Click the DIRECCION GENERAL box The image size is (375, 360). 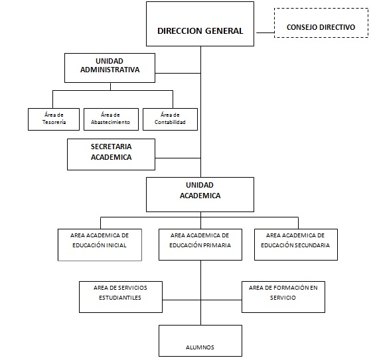(x=200, y=24)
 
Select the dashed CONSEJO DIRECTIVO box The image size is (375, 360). (x=321, y=23)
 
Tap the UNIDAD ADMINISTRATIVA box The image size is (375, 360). (x=110, y=68)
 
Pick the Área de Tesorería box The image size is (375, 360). (x=54, y=119)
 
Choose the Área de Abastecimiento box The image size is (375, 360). (x=112, y=119)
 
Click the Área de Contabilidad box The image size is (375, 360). (x=171, y=119)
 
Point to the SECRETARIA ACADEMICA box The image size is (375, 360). (x=112, y=154)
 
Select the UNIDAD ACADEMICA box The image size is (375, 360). (x=200, y=194)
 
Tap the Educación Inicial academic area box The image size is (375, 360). (x=100, y=245)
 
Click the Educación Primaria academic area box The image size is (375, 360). (x=200, y=245)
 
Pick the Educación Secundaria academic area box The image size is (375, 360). (x=296, y=245)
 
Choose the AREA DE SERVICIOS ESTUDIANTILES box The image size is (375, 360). (x=121, y=297)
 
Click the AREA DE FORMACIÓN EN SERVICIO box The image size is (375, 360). (x=283, y=297)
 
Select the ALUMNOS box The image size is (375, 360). (x=200, y=341)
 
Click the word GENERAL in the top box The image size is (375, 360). (x=224, y=31)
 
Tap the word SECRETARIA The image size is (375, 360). (x=112, y=147)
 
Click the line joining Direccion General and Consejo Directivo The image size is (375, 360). (x=265, y=32)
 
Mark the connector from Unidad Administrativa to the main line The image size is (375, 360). (x=178, y=73)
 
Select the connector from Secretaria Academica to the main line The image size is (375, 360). (x=178, y=158)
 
